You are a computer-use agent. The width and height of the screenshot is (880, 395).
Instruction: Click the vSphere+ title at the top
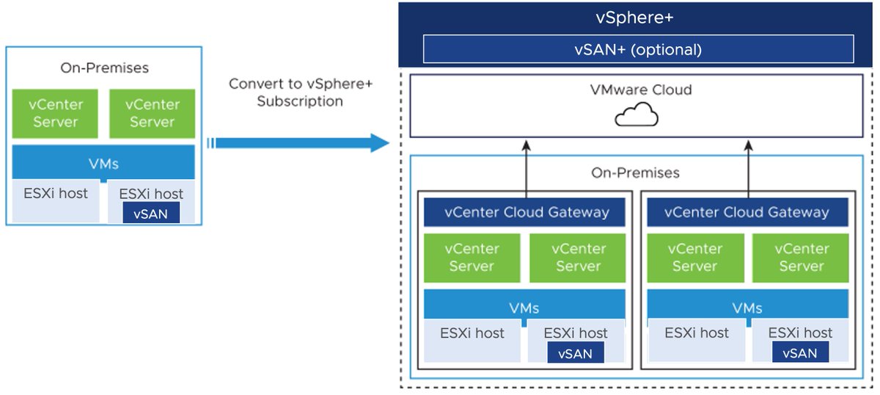point(634,18)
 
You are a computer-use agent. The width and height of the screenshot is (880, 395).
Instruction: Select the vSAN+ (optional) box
point(638,50)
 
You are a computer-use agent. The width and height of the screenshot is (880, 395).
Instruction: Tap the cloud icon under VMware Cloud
point(636,116)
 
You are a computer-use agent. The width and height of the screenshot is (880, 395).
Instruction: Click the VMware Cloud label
point(640,90)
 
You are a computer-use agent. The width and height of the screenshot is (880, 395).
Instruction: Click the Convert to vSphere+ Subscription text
point(300,93)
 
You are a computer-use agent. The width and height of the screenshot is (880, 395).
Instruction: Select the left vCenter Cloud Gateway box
point(526,213)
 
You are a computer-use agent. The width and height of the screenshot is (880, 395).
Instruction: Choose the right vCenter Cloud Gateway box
point(746,213)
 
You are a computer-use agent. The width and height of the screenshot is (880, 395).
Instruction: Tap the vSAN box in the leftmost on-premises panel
point(151,214)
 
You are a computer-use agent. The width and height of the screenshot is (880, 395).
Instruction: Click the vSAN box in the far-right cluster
point(799,352)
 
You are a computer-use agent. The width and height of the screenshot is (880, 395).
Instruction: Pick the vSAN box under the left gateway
point(575,352)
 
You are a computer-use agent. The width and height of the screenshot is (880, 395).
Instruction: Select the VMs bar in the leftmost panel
point(103,162)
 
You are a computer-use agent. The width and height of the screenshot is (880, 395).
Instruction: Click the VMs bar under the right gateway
point(747,308)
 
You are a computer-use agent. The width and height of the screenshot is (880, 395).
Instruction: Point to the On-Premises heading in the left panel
point(104,68)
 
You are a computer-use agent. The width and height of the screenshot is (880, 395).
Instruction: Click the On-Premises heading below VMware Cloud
point(635,173)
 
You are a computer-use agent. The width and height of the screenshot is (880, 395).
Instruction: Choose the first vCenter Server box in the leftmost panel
point(55,114)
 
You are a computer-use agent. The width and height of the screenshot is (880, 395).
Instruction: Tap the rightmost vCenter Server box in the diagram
point(801,258)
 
